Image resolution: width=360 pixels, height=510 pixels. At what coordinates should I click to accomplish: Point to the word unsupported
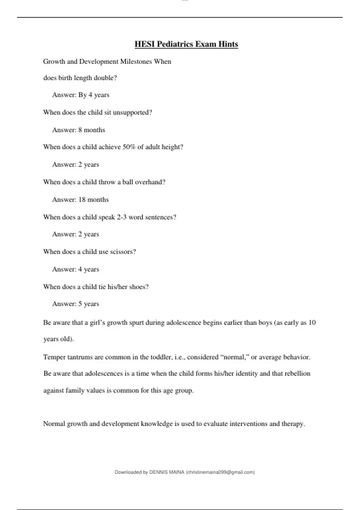(132, 112)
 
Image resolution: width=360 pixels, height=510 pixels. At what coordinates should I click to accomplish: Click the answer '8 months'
(91, 130)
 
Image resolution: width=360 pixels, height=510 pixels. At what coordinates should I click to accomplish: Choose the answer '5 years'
(88, 304)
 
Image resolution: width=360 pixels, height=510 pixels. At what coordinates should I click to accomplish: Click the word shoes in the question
(139, 287)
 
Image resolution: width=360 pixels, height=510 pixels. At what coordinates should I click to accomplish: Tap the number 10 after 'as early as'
(312, 323)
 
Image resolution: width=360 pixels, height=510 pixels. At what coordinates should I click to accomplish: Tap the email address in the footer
(220, 472)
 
